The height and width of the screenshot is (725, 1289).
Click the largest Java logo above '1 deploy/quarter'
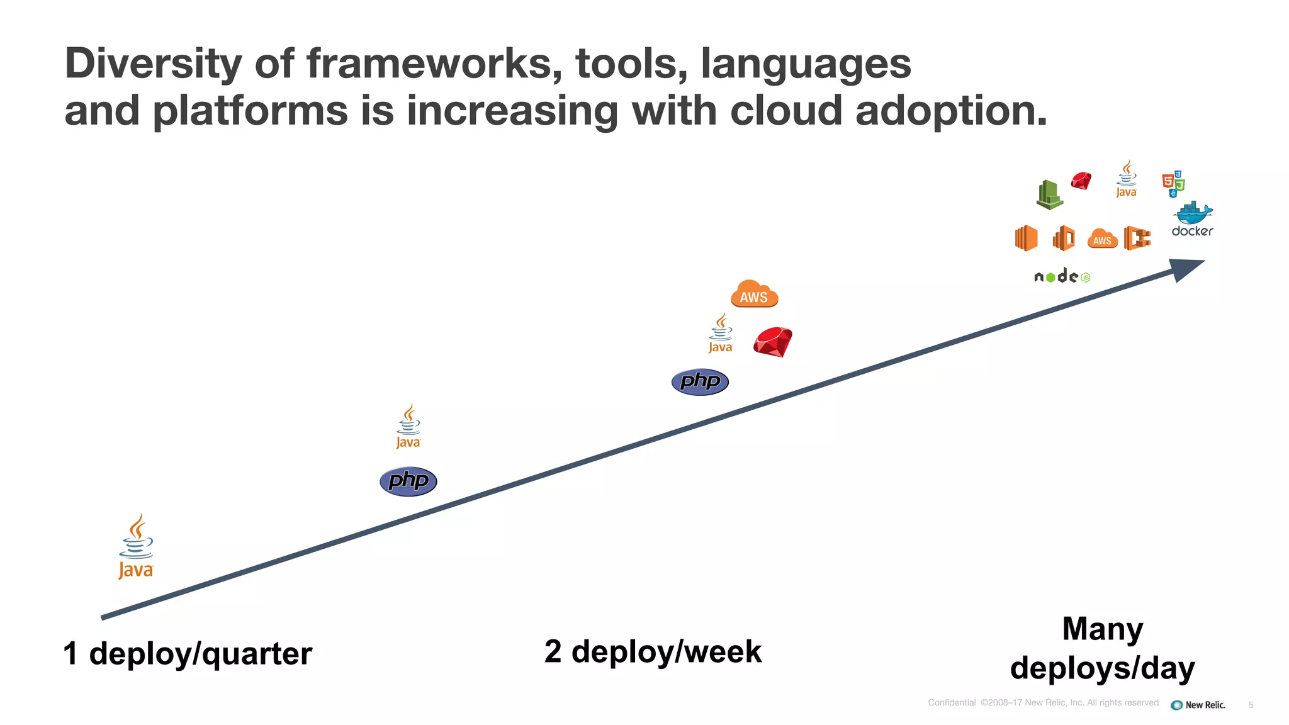coord(136,546)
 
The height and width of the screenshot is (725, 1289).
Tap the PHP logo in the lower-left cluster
coord(408,481)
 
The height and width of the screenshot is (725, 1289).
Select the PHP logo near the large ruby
coord(700,381)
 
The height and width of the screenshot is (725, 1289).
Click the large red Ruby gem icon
coord(773,342)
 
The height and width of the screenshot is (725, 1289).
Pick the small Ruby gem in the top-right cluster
coord(1081,181)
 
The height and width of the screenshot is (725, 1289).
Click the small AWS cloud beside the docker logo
coord(1102,239)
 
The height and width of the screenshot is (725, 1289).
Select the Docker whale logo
coord(1193,219)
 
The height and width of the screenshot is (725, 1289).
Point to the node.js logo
coord(1062,276)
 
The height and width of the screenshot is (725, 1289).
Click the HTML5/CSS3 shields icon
coord(1173,183)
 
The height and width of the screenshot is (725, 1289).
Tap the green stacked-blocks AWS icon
coord(1049,194)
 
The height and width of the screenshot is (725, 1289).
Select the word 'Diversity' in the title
coord(153,64)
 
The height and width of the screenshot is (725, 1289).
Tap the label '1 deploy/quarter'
coord(188,653)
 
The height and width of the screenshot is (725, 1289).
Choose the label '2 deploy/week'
coord(653,651)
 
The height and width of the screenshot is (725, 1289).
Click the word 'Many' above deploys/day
coord(1103,629)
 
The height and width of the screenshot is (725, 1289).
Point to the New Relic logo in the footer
coord(1198,705)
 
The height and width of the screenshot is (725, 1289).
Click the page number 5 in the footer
coord(1251,705)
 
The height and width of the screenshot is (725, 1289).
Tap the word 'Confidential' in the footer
coord(952,702)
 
